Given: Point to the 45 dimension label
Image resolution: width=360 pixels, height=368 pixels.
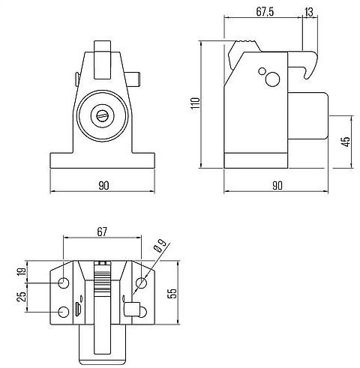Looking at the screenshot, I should pyautogui.click(x=346, y=142).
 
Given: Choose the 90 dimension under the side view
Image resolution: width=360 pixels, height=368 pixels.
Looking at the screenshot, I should pyautogui.click(x=277, y=184).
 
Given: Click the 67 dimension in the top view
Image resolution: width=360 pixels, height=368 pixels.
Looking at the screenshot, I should pyautogui.click(x=103, y=232).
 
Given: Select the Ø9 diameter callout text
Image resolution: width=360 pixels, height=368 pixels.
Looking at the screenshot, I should pyautogui.click(x=159, y=247).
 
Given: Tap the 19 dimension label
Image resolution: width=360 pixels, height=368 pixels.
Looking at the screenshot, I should pyautogui.click(x=22, y=272).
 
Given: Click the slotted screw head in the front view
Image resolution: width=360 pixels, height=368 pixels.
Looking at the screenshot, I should pyautogui.click(x=103, y=115).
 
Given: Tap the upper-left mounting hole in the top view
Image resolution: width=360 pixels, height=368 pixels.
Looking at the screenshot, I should pyautogui.click(x=63, y=283).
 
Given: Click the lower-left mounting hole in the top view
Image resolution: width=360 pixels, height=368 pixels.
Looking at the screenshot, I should pyautogui.click(x=63, y=312).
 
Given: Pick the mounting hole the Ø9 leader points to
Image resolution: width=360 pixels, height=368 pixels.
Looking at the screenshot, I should pyautogui.click(x=141, y=283).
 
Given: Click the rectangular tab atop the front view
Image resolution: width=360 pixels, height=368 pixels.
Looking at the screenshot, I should pyautogui.click(x=103, y=47).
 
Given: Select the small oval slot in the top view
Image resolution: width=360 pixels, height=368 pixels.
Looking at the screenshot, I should pyautogui.click(x=77, y=309).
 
